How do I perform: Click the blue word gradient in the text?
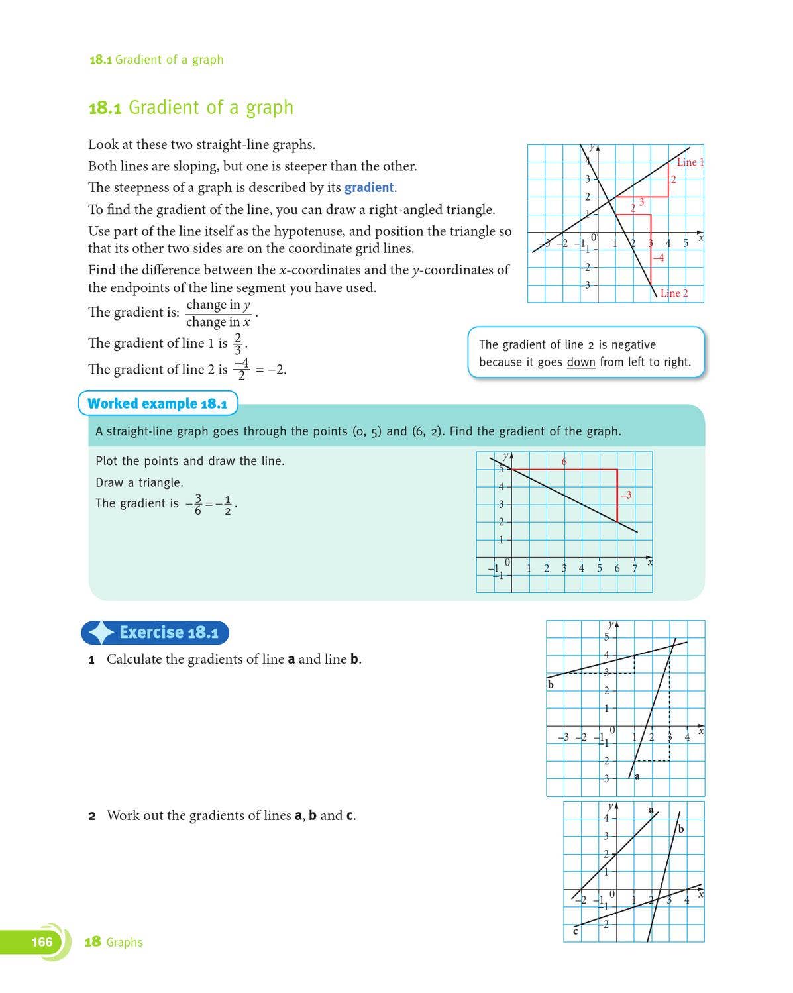369,187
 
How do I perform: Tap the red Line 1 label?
690,162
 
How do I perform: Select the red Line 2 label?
674,293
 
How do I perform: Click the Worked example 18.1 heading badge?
158,403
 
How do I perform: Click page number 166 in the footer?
41,942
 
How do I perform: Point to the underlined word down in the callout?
580,362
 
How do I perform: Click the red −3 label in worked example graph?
625,495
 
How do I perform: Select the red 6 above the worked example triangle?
564,462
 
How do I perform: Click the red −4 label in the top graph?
658,258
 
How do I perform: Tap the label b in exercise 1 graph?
551,684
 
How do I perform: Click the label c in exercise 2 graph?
575,932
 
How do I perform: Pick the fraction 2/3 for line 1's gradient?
238,343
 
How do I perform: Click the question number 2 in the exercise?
92,816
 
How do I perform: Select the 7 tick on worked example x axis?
634,568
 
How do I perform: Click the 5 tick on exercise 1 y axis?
606,637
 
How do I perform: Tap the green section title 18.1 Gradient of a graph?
191,107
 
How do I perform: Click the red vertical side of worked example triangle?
617,496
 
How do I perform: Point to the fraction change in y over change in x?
218,313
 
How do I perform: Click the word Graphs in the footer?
124,942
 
